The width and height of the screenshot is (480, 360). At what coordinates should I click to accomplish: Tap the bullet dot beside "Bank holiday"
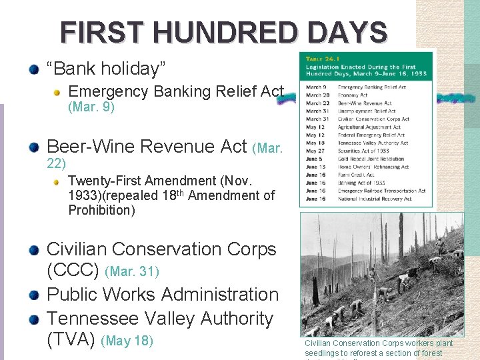coord(34,69)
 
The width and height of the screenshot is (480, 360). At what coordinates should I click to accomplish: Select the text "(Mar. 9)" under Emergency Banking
coord(91,107)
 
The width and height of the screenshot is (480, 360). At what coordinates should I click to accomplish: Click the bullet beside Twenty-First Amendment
coord(58,181)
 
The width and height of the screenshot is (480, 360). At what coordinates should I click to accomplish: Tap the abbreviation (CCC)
coord(73,271)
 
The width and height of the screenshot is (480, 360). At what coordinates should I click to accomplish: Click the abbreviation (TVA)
coord(71,340)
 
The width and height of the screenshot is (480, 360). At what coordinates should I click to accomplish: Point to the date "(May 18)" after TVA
coord(127,341)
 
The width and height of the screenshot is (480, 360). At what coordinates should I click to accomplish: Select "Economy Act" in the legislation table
coord(353,95)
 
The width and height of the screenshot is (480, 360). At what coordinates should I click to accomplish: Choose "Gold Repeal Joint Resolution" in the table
coord(371,159)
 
